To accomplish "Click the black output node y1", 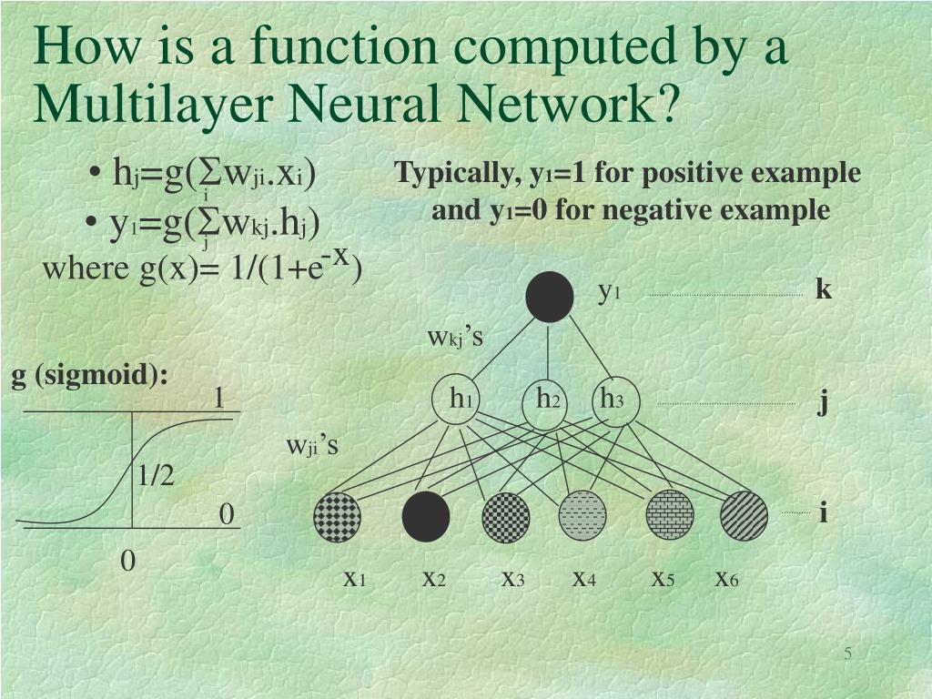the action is coord(550,297).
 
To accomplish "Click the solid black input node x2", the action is coord(426,516).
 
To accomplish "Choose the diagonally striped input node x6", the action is coord(744,515).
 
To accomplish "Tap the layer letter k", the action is coord(824,290).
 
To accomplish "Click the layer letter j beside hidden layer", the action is coord(823,401).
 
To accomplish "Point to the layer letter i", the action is coord(823,513).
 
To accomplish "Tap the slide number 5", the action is coord(847,655).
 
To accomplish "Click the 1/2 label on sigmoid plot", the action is coord(156,475).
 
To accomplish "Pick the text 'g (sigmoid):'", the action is coord(90,375).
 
